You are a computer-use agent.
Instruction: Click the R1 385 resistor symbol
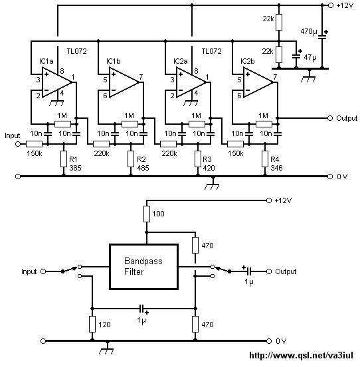[x=64, y=159]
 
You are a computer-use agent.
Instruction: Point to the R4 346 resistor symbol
[x=265, y=159]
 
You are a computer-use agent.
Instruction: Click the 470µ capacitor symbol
[x=322, y=37]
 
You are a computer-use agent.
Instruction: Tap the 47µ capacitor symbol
[x=296, y=55]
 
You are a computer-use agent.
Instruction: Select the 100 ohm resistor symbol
[x=147, y=214]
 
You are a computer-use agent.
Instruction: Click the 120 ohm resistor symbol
[x=92, y=324]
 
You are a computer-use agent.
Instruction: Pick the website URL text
[x=301, y=355]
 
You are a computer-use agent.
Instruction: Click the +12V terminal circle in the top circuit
[x=330, y=5]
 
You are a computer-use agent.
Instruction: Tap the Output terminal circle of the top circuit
[x=330, y=118]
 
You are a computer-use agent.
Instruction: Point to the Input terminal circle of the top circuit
[x=18, y=144]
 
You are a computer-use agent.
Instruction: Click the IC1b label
[x=114, y=61]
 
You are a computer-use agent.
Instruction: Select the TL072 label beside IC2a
[x=211, y=51]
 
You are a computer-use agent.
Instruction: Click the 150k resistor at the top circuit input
[x=34, y=144]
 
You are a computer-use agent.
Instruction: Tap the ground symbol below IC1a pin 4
[x=57, y=103]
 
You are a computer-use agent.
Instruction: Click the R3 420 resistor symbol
[x=198, y=159]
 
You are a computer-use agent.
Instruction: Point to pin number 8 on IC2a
[x=197, y=71]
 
